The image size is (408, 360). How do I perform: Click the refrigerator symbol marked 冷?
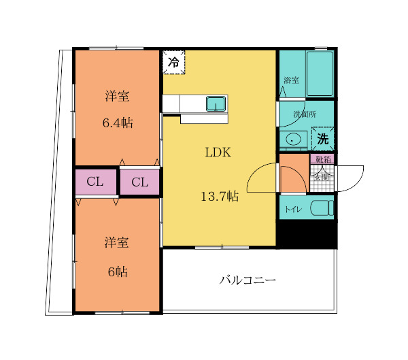click(173, 63)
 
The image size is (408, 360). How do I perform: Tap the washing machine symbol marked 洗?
click(322, 139)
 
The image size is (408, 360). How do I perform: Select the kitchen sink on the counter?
click(216, 103)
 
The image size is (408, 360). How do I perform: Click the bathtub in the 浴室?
click(319, 73)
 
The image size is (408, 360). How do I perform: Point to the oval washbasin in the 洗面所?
click(294, 140)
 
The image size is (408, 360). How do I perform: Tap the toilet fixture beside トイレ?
click(321, 208)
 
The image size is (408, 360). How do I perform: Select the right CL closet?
click(139, 182)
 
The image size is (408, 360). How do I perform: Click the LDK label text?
click(218, 152)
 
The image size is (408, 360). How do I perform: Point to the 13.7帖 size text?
click(219, 197)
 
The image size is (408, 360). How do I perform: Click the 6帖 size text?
click(117, 271)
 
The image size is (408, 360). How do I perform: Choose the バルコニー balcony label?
click(248, 280)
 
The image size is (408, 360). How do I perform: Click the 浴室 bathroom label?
click(291, 81)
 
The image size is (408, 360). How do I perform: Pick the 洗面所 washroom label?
click(304, 114)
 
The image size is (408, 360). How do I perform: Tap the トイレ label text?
click(294, 210)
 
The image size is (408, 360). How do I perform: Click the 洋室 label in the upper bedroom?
click(117, 96)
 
